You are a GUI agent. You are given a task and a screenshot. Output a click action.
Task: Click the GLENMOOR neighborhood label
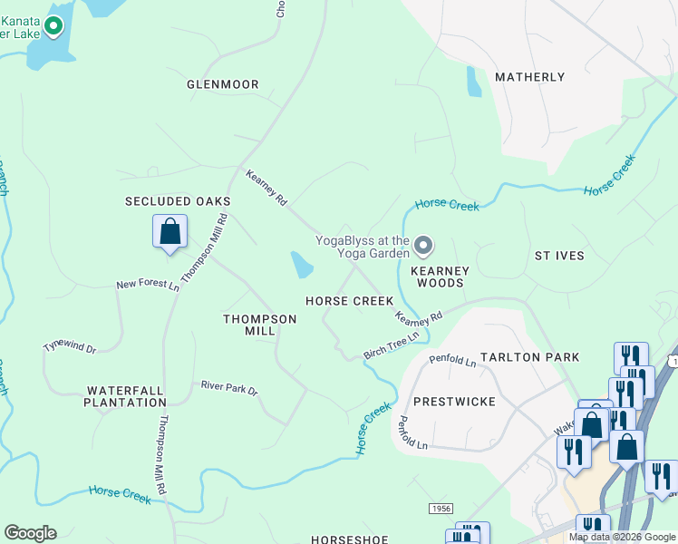click(x=223, y=84)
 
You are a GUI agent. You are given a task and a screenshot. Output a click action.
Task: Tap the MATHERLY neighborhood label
click(x=530, y=77)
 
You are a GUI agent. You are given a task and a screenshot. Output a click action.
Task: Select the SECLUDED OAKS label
click(x=178, y=201)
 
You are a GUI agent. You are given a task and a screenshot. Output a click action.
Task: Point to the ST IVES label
click(x=559, y=256)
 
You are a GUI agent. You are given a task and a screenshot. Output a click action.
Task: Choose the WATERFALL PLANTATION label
click(x=126, y=395)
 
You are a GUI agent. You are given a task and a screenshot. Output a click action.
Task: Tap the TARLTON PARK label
click(x=530, y=357)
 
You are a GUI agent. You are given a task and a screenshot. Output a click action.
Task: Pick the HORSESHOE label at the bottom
click(x=349, y=539)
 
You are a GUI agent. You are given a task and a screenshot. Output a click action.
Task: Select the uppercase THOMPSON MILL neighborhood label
click(x=260, y=325)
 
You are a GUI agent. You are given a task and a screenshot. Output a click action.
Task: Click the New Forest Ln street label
click(x=148, y=285)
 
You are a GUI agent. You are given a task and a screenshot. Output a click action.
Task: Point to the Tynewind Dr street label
click(x=70, y=347)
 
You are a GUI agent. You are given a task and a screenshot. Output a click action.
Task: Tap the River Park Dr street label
click(x=229, y=389)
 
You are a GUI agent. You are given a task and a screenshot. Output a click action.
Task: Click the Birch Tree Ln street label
click(x=391, y=343)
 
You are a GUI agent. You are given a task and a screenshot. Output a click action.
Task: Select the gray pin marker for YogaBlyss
click(x=422, y=245)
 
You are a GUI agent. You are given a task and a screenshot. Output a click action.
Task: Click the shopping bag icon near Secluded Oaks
click(x=169, y=231)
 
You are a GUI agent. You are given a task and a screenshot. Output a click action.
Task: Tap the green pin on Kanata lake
click(x=53, y=27)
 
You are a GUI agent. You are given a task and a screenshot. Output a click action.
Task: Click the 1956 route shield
click(x=440, y=510)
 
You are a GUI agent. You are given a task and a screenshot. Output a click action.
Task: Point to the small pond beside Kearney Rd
click(x=302, y=265)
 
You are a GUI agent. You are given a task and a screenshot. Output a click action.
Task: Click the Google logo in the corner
click(x=30, y=533)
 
